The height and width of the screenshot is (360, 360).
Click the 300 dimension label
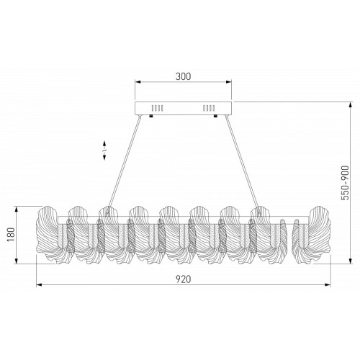[184, 76]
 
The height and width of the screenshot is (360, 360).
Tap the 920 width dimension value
[184, 279]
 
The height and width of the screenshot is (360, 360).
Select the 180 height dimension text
[11, 235]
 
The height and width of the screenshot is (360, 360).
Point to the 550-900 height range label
[345, 183]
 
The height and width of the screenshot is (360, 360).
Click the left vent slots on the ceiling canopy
[158, 108]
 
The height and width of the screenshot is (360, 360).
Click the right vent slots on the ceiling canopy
[209, 108]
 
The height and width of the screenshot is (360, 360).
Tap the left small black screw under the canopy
[151, 117]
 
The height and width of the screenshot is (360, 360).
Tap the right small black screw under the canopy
[215, 117]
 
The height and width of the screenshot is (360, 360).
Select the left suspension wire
[124, 164]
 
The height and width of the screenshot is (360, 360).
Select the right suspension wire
[243, 164]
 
